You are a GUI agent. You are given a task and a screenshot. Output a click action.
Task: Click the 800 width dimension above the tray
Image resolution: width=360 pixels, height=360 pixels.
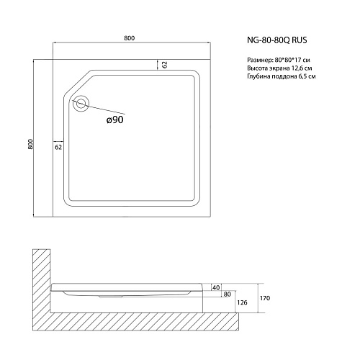[x=130, y=37]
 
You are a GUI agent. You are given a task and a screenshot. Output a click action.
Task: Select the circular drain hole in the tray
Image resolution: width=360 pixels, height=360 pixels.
[x=81, y=104]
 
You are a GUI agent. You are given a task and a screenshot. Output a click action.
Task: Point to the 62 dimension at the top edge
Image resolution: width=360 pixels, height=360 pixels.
[x=165, y=64]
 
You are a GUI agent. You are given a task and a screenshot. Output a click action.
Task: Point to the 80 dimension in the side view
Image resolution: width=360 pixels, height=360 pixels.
[x=227, y=294]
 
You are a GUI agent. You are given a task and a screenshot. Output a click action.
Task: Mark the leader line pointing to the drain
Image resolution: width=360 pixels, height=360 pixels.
[x=105, y=111]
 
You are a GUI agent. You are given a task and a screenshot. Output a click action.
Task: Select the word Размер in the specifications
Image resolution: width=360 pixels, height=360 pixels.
[x=248, y=58]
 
